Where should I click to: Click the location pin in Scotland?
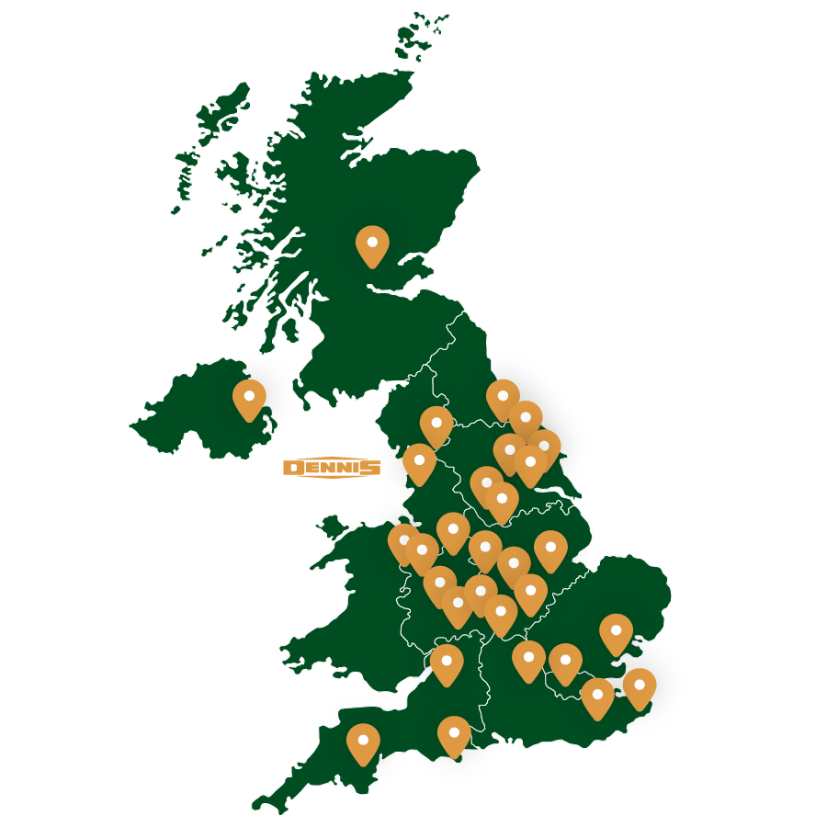[x=372, y=245]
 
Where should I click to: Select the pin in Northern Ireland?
[x=249, y=399]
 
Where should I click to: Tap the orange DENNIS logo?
[x=331, y=468]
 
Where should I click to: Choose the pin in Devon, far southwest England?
[x=363, y=742]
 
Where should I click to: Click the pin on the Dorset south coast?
[x=454, y=736]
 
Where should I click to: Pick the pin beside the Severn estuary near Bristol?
[x=447, y=663]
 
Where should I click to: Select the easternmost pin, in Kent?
[x=640, y=687]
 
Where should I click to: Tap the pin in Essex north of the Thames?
[x=616, y=633]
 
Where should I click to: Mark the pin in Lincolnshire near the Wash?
[x=550, y=549]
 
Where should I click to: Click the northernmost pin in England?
[x=503, y=399]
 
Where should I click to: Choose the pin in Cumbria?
[x=436, y=425]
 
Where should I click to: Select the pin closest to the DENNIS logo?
[x=419, y=462]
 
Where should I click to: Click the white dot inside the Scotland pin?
[x=372, y=243]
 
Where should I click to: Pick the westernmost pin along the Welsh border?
[x=403, y=541]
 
